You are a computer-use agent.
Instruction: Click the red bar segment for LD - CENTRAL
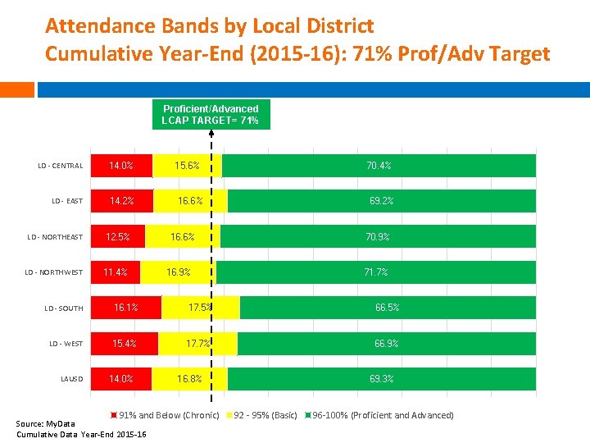pos(121,166)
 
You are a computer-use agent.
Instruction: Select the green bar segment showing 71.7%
pos(376,272)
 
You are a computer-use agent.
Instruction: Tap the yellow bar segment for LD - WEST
pos(197,344)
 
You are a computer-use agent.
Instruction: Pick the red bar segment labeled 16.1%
pos(125,308)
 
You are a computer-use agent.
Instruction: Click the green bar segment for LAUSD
pos(382,379)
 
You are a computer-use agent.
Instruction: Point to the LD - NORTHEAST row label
pos(55,237)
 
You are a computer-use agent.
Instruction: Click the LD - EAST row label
pos(67,201)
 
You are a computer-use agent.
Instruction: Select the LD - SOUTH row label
pos(63,308)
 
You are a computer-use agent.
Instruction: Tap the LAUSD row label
pos(71,379)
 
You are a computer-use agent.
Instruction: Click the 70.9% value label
pos(378,237)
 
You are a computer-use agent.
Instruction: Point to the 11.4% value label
pos(115,272)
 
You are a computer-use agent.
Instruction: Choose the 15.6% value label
pos(187,166)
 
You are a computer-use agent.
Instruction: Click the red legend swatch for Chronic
pos(116,415)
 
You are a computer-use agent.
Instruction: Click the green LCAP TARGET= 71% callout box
pos(211,115)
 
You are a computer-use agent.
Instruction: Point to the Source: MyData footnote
pos(40,424)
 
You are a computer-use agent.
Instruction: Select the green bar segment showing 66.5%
pos(388,308)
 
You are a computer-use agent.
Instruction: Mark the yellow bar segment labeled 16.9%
pos(178,272)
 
